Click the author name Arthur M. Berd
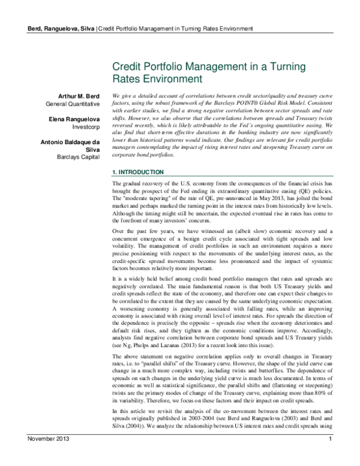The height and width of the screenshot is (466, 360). pos(77,96)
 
